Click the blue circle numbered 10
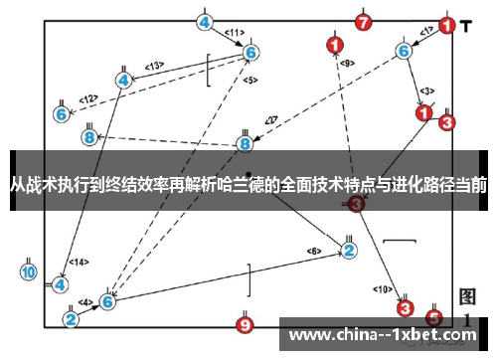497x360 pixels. pos(29,271)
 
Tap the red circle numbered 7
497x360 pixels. pos(364,21)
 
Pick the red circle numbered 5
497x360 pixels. pos(433,318)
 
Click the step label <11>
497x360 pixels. pos(235,33)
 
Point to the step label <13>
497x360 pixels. pos(154,66)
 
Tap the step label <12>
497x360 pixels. pos(88,98)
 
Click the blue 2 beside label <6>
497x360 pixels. pos(349,249)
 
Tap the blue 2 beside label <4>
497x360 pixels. pos(71,319)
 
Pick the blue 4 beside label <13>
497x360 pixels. pos(123,80)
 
